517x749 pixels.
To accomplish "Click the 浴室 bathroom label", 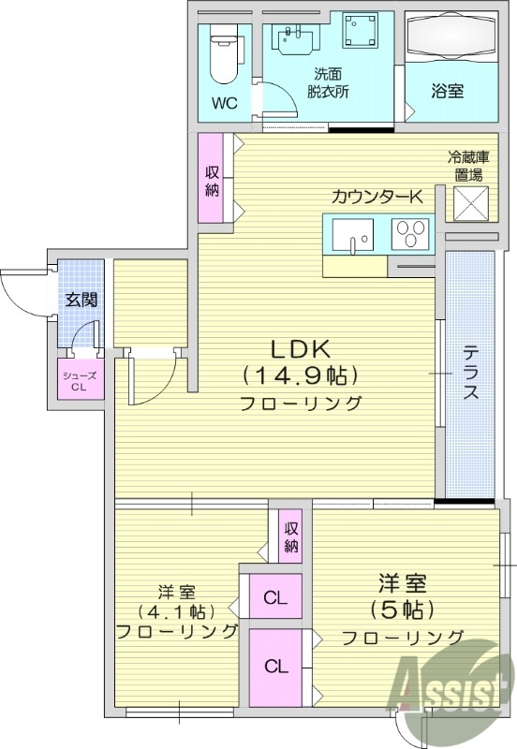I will (448, 92).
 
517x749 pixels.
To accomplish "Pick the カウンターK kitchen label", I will (377, 196).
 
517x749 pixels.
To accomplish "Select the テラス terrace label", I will (470, 374).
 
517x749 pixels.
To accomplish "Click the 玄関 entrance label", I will (80, 301).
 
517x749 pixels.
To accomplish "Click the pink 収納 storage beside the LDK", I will (212, 178).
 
